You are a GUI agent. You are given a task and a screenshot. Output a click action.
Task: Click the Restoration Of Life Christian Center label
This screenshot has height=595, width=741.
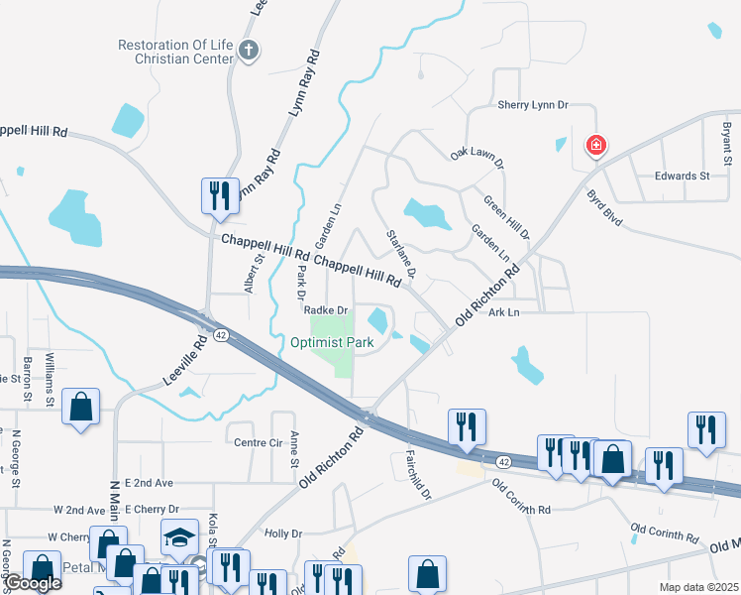(x=174, y=52)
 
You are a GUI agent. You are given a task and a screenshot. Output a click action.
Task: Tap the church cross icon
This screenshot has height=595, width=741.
(x=249, y=52)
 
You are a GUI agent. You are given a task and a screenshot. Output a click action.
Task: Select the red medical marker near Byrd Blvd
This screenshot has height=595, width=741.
(x=596, y=147)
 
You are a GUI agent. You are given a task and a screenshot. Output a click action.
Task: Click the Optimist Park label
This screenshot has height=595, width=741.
(x=332, y=343)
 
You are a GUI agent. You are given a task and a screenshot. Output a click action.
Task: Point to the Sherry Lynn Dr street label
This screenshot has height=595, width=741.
(x=533, y=104)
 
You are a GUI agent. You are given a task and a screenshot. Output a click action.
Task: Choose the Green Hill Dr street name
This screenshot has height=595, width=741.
(x=506, y=217)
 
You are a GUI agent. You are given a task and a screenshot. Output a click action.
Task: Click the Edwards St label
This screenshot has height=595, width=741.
(x=683, y=176)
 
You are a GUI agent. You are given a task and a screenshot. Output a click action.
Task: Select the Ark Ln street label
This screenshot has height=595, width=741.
(x=503, y=312)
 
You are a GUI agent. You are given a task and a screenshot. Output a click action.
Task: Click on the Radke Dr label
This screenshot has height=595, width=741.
(x=326, y=310)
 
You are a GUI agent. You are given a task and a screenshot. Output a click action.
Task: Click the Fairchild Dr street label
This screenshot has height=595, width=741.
(x=420, y=474)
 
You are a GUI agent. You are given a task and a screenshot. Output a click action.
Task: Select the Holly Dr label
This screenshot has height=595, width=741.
(x=283, y=534)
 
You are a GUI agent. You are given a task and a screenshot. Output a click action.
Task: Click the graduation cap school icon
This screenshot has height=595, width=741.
(x=179, y=537)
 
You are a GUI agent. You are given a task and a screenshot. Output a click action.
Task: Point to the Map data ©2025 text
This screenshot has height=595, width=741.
(x=698, y=587)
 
